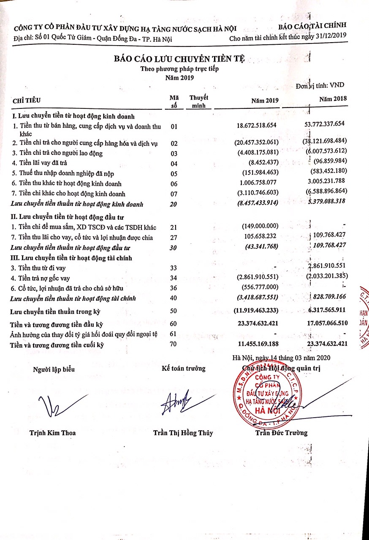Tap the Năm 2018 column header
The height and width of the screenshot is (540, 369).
tap(333, 98)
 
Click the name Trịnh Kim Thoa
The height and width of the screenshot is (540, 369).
tap(53, 433)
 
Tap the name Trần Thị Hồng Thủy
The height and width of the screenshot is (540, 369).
tap(183, 433)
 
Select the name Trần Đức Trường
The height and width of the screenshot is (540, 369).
tap(281, 432)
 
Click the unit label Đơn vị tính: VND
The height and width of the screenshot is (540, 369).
tap(320, 85)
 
